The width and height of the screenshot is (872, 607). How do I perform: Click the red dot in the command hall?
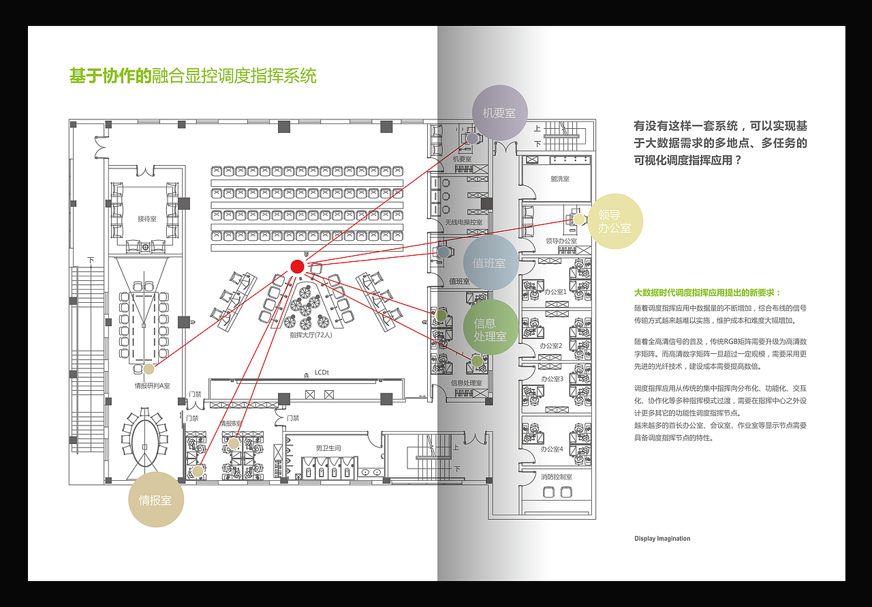click(x=297, y=267)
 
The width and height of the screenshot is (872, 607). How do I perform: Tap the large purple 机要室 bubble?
click(x=499, y=113)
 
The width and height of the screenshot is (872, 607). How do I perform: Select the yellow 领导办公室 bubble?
click(x=614, y=221)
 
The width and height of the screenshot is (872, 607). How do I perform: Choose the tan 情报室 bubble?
click(x=155, y=500)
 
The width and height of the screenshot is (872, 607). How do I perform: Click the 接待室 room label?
click(x=147, y=219)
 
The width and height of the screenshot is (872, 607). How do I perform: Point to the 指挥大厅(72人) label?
click(x=311, y=335)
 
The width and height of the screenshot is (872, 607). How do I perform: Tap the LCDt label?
click(x=322, y=372)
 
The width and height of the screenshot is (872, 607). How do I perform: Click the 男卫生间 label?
click(x=328, y=448)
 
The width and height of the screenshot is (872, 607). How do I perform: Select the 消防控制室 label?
click(x=557, y=477)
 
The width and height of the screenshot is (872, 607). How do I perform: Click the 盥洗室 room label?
click(x=560, y=179)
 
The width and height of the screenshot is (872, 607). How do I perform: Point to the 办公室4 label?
click(x=552, y=449)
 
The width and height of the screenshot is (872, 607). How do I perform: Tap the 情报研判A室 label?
click(x=153, y=386)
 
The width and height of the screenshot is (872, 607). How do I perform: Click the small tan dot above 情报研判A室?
click(x=149, y=369)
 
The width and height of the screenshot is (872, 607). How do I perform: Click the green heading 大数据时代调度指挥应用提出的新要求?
click(x=708, y=292)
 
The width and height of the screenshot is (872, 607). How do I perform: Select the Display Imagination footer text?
click(x=662, y=539)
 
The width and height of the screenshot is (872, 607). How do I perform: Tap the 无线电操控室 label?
click(x=463, y=222)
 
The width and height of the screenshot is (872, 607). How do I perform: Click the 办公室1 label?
click(x=555, y=292)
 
